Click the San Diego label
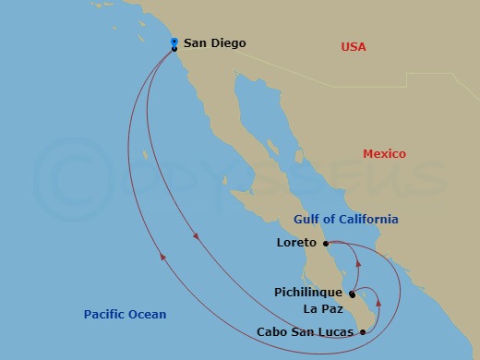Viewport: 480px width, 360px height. pyautogui.click(x=215, y=42)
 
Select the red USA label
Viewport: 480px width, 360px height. pyautogui.click(x=354, y=47)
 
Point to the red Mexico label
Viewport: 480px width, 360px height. pyautogui.click(x=384, y=154)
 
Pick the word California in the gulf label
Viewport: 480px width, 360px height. pyautogui.click(x=369, y=220)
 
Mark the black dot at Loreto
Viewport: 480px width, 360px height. pyautogui.click(x=326, y=244)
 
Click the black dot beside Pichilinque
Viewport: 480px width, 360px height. pyautogui.click(x=352, y=294)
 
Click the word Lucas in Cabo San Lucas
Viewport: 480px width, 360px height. pyautogui.click(x=336, y=330)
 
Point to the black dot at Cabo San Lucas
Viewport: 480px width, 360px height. pyautogui.click(x=363, y=330)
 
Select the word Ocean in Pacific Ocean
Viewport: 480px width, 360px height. pyautogui.click(x=148, y=315)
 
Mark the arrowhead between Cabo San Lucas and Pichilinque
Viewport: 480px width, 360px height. pyautogui.click(x=379, y=301)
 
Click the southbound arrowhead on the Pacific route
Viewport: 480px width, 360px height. pyautogui.click(x=196, y=237)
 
